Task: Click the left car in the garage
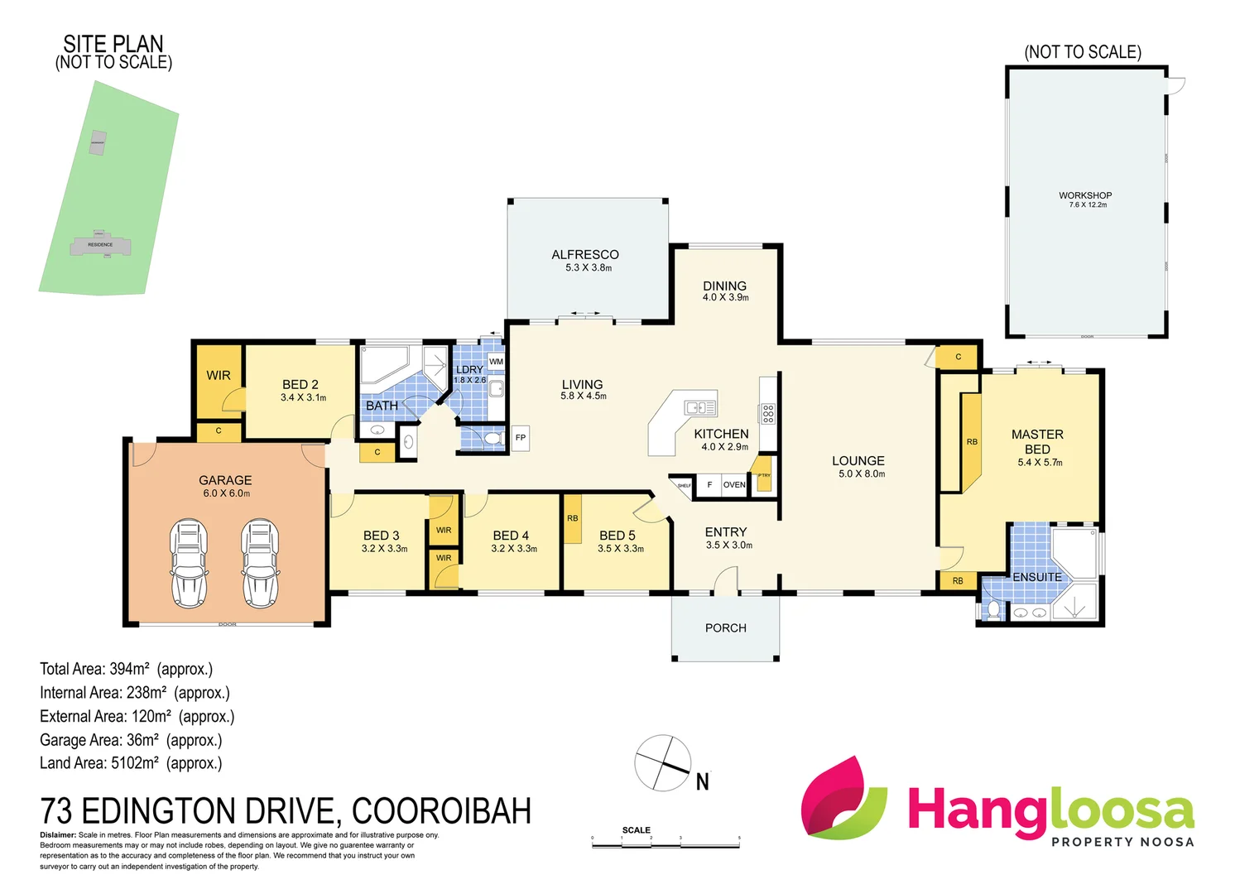pyautogui.click(x=189, y=563)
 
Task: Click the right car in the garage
pyautogui.click(x=260, y=563)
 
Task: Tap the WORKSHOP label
pyautogui.click(x=1085, y=196)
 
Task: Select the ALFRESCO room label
pyautogui.click(x=585, y=255)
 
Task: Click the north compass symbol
pyautogui.click(x=663, y=762)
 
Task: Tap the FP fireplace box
pyautogui.click(x=520, y=438)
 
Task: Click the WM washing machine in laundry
pyautogui.click(x=496, y=362)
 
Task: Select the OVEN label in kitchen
pyautogui.click(x=734, y=485)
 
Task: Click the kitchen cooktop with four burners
pyautogui.click(x=768, y=414)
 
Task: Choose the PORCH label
pyautogui.click(x=725, y=628)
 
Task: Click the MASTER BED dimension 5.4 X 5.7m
pyautogui.click(x=1040, y=463)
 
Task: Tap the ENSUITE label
pyautogui.click(x=1036, y=577)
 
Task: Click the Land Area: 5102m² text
pyautogui.click(x=131, y=763)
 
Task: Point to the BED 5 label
pyautogui.click(x=617, y=536)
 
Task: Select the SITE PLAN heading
pyautogui.click(x=113, y=44)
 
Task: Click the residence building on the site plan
pyautogui.click(x=100, y=245)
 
